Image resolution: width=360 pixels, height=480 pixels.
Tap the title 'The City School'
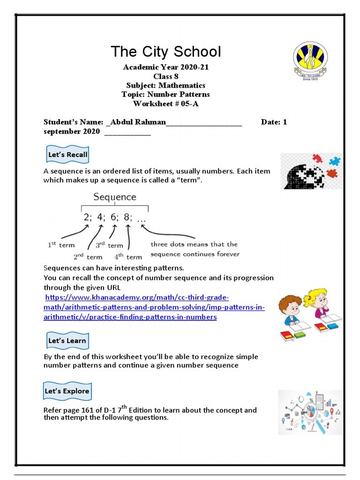tap(165, 52)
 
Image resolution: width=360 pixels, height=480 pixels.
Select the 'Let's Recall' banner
tap(67, 155)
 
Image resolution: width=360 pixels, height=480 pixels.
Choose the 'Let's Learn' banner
tap(67, 341)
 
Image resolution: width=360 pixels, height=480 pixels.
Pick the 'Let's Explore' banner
tap(67, 391)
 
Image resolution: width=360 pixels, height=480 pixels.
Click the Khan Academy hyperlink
tap(154, 307)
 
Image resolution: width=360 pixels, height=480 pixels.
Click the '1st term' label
tap(61, 245)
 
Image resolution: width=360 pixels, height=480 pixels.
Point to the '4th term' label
tap(127, 256)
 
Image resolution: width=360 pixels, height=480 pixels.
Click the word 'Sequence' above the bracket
tap(114, 197)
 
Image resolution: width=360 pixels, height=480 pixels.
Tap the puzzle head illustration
tap(311, 172)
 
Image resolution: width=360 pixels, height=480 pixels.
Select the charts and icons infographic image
tap(310, 412)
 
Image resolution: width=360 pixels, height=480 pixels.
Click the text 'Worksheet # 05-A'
tap(165, 104)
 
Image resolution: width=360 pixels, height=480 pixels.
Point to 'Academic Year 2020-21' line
tap(165, 67)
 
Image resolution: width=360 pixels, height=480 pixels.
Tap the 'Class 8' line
tap(165, 76)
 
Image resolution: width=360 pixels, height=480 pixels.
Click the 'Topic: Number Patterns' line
tap(165, 95)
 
